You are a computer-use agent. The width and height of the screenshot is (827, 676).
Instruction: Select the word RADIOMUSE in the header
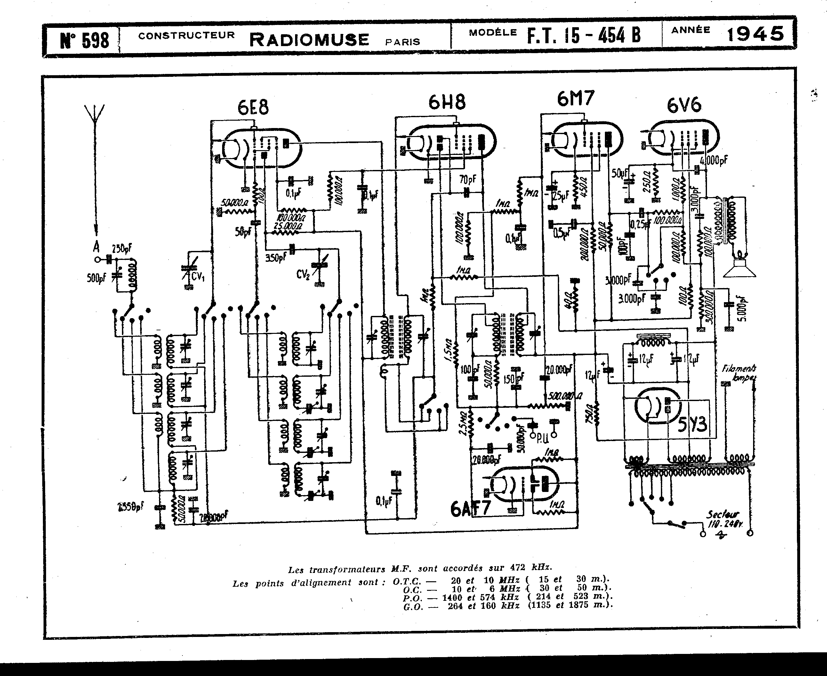(x=309, y=40)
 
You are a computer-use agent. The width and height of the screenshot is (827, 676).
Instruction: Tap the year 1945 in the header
(x=755, y=34)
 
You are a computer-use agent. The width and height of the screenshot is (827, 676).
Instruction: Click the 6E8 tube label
(x=253, y=108)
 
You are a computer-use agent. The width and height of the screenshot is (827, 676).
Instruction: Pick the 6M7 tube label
(x=575, y=99)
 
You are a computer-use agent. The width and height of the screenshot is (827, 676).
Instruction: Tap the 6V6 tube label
(x=684, y=105)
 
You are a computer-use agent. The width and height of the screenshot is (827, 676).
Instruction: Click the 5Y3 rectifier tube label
(x=692, y=424)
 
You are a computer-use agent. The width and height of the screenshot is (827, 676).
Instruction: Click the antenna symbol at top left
(x=95, y=117)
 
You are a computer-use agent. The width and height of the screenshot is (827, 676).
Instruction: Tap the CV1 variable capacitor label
(x=197, y=277)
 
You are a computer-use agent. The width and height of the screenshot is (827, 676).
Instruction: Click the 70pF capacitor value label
(x=468, y=180)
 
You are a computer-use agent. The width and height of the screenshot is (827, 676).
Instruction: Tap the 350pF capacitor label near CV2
(x=276, y=257)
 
